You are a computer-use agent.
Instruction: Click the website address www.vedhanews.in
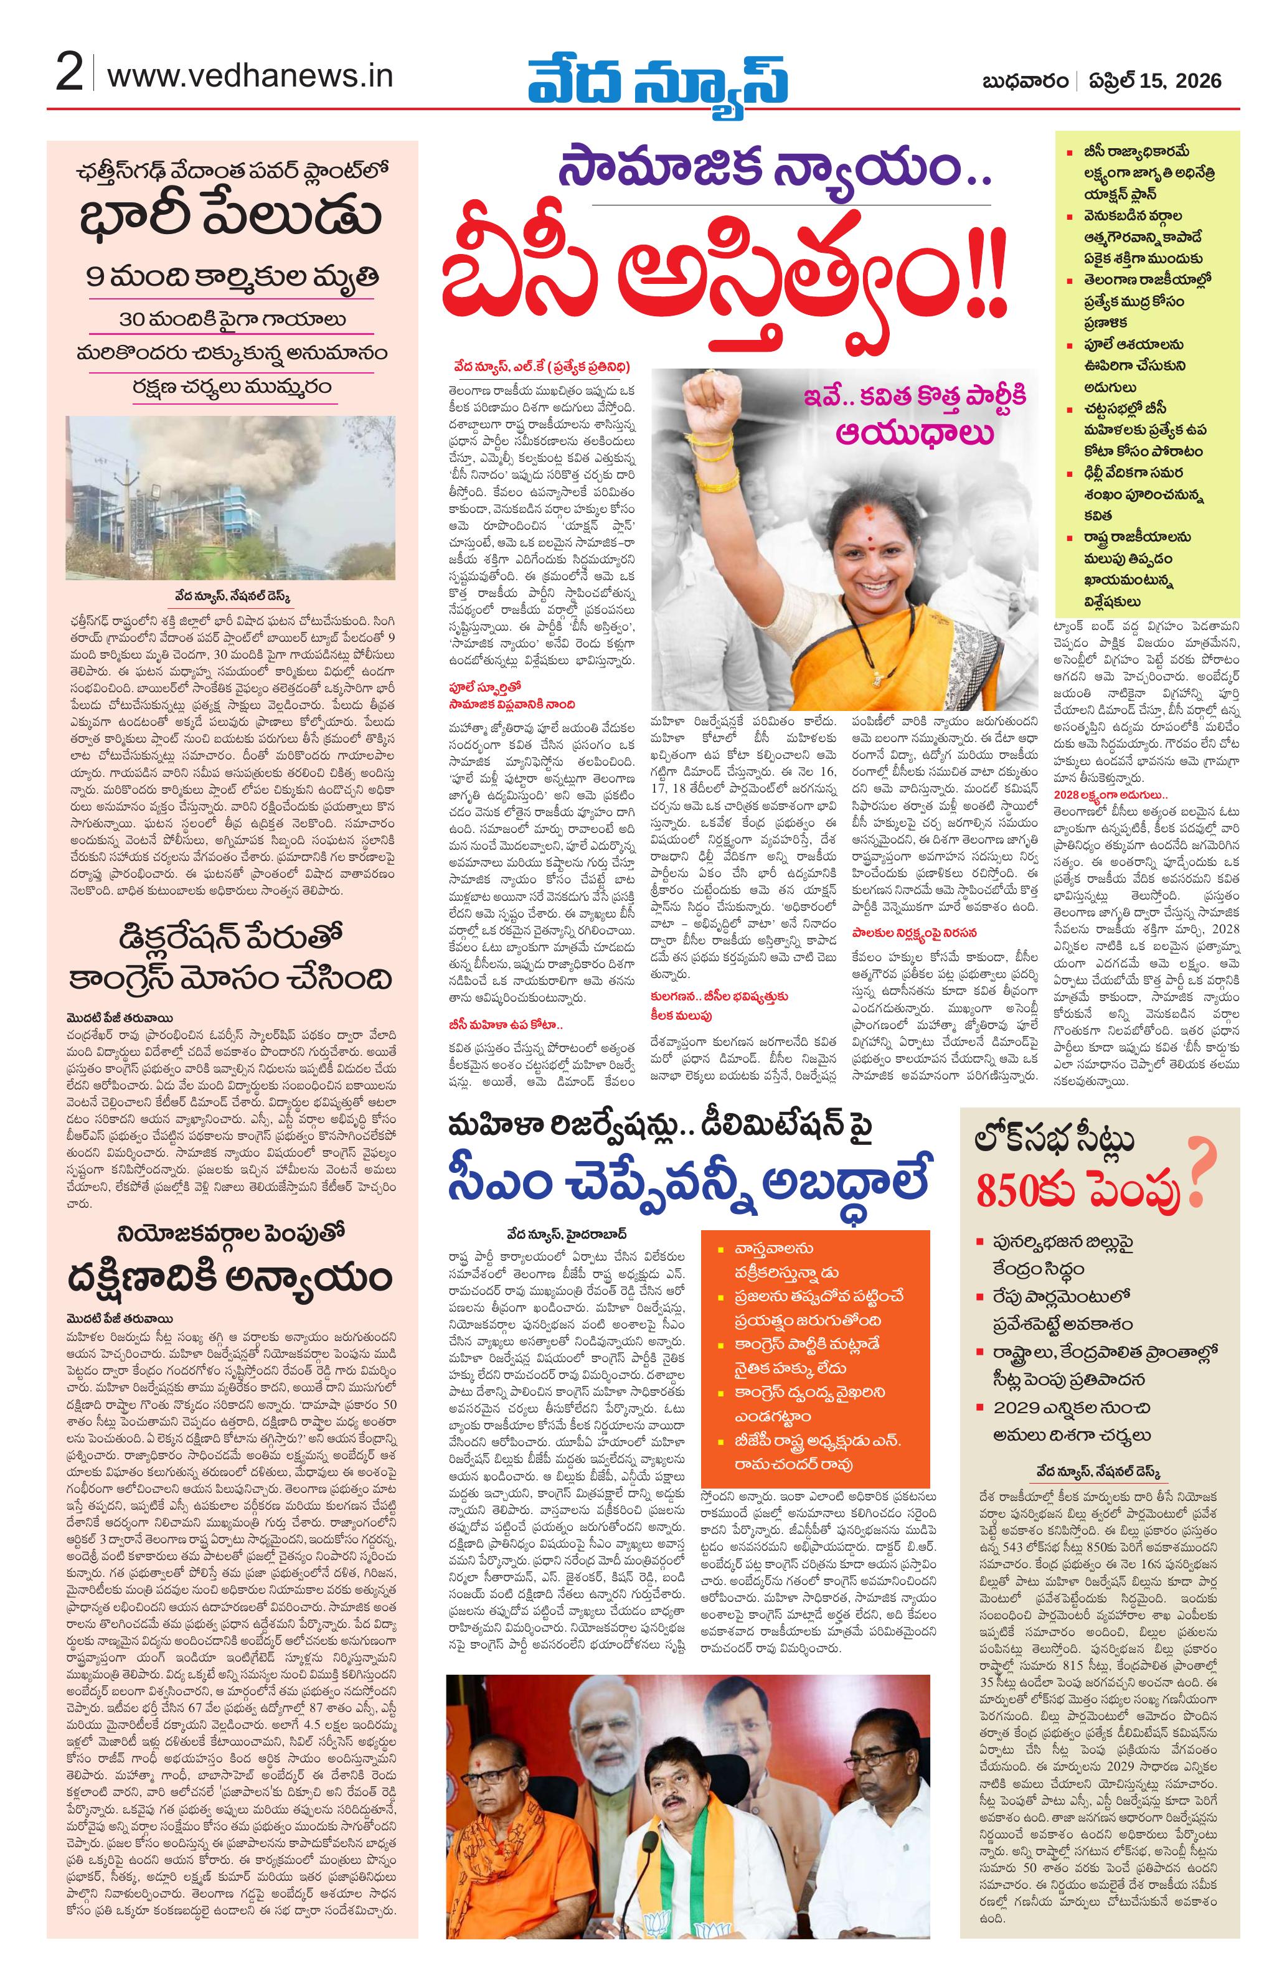(x=250, y=76)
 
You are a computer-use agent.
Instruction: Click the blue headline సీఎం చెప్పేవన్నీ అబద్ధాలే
(x=689, y=1176)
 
